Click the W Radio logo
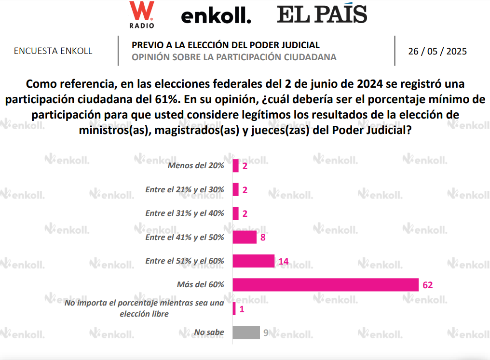(x=142, y=14)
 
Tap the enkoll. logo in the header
(x=216, y=16)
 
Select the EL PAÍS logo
(x=322, y=14)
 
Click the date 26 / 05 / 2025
(x=437, y=52)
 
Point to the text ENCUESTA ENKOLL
(x=53, y=51)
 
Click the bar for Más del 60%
(x=325, y=285)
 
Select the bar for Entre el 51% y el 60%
(x=253, y=261)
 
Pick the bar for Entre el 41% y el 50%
(x=244, y=237)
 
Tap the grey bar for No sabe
(x=246, y=333)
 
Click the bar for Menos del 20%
(x=235, y=166)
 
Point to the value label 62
(x=427, y=285)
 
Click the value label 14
(x=284, y=261)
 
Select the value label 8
(x=263, y=237)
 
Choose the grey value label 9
(x=266, y=333)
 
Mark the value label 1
(x=242, y=309)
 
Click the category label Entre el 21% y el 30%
(x=185, y=190)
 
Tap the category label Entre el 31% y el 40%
(x=185, y=213)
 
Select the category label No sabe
(x=209, y=332)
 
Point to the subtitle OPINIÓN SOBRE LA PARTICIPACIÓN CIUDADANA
(x=234, y=57)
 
